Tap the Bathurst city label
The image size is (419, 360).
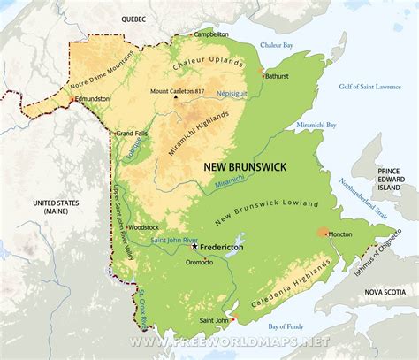coord(277,76)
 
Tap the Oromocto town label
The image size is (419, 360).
coord(200,263)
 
